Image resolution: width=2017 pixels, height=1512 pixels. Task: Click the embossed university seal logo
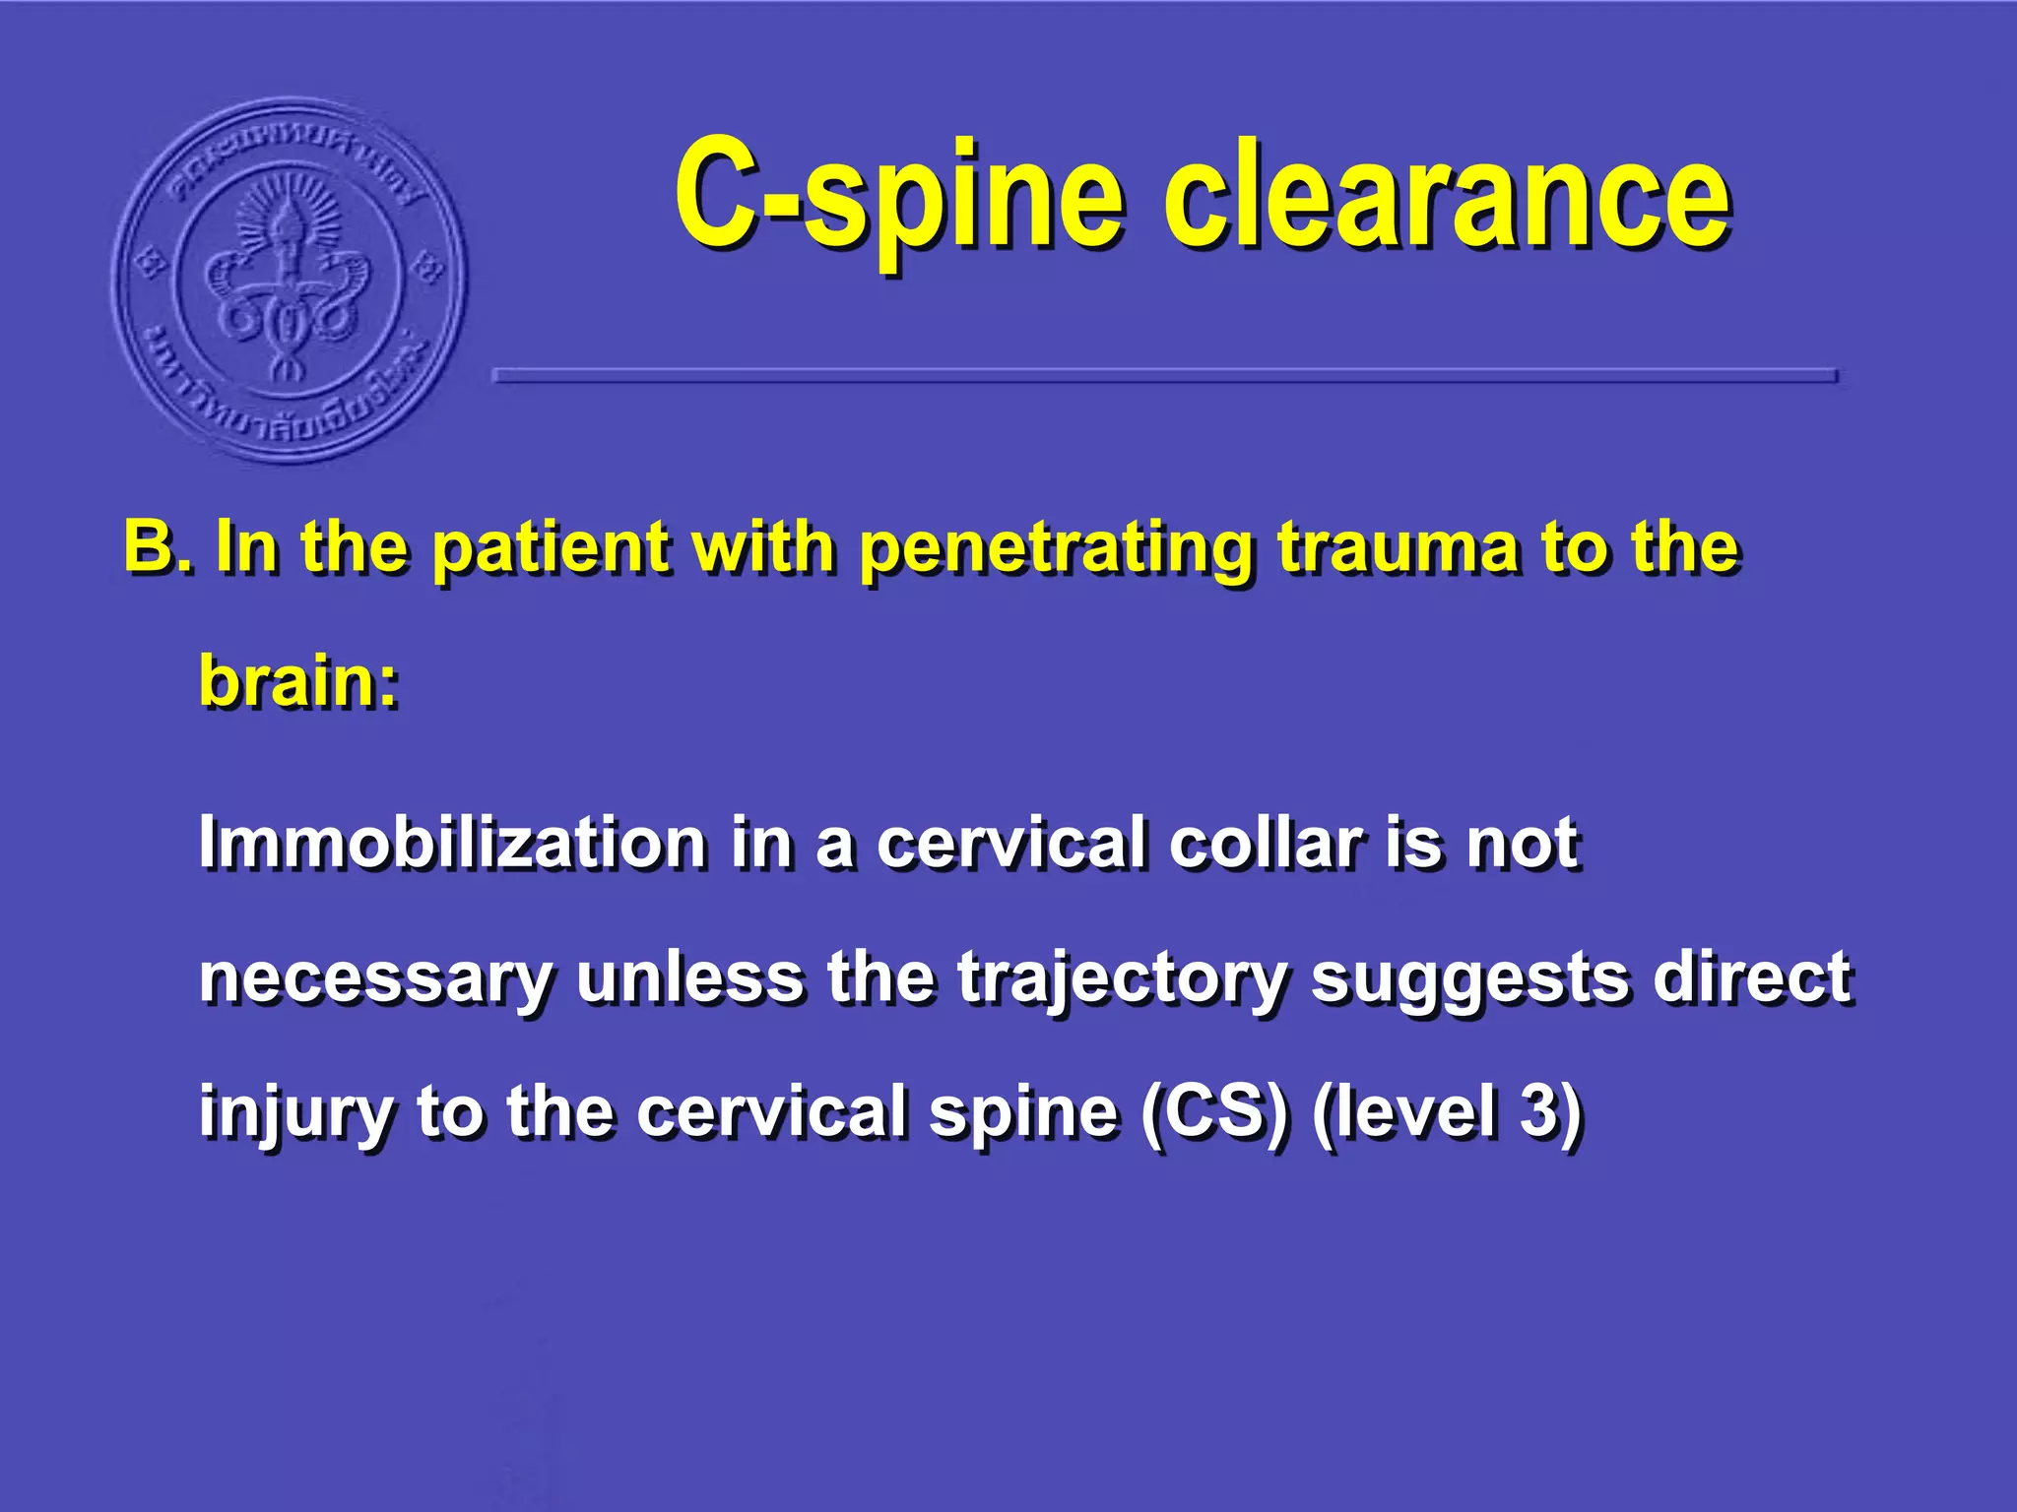[x=290, y=281]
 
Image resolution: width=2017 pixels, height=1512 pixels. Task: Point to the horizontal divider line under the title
[x=1164, y=375]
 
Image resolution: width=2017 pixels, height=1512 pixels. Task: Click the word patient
[x=551, y=547]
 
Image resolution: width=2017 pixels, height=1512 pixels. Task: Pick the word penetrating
[x=1056, y=549]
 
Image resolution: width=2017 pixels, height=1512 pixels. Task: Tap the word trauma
[x=1399, y=547]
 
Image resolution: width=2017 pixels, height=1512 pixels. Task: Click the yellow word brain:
[x=299, y=681]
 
